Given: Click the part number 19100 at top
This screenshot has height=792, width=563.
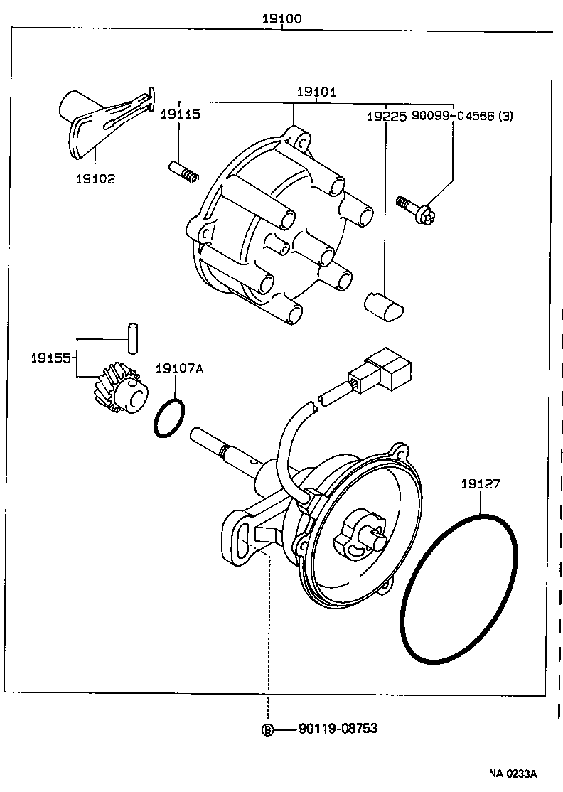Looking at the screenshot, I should [282, 19].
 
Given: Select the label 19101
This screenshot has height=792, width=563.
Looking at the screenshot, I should [316, 92].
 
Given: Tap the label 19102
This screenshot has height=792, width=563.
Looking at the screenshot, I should [95, 179].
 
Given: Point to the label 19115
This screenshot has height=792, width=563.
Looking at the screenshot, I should [180, 114].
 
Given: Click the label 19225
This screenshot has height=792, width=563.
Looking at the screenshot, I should [387, 114].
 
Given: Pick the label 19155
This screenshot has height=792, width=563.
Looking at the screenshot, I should [50, 358].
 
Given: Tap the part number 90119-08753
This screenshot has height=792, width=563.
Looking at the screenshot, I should [338, 728].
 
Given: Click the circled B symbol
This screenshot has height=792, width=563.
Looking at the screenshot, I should [268, 729].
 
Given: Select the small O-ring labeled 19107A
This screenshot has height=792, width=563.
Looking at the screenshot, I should [169, 418].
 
